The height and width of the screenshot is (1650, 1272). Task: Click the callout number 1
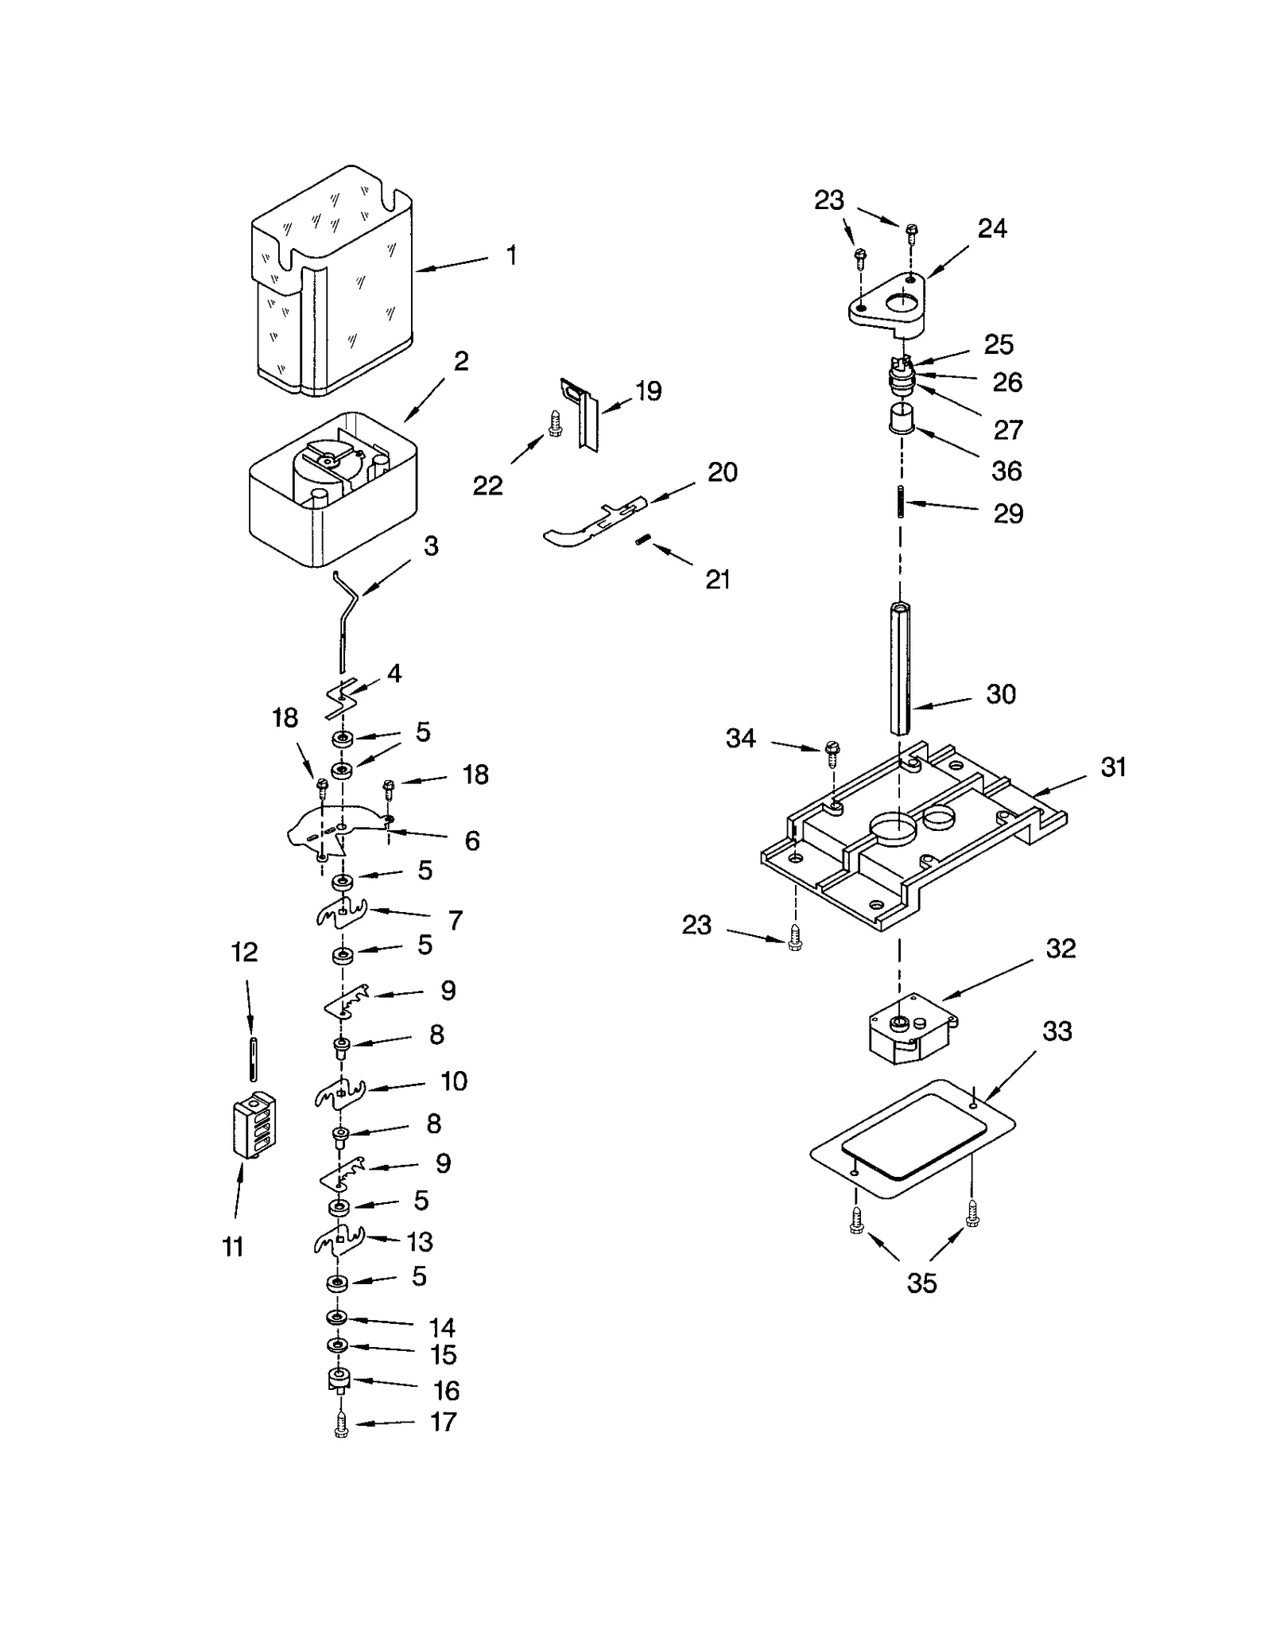pyautogui.click(x=511, y=256)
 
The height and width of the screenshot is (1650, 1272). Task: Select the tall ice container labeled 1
pyautogui.click(x=332, y=286)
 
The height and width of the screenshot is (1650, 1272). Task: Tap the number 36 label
pyautogui.click(x=1006, y=471)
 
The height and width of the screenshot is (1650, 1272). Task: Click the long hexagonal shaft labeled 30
pyautogui.click(x=899, y=670)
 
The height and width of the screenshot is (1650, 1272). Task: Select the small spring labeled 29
pyautogui.click(x=901, y=502)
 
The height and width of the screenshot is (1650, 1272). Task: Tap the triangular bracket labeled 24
pyautogui.click(x=889, y=301)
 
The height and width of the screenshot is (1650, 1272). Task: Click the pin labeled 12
pyautogui.click(x=253, y=1057)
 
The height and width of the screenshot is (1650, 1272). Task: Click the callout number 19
pyautogui.click(x=648, y=390)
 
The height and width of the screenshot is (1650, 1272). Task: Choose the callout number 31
pyautogui.click(x=1113, y=767)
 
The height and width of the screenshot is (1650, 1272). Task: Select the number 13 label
pyautogui.click(x=420, y=1240)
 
